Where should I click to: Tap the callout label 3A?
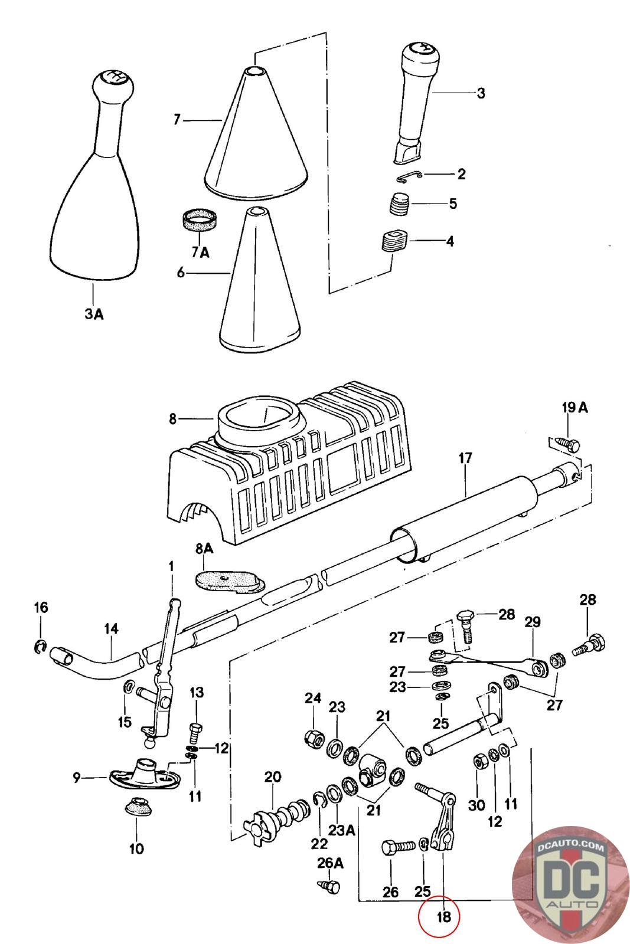click(94, 313)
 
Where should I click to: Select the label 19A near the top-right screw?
click(574, 408)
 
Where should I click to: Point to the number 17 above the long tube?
click(465, 458)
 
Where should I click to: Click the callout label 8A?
click(204, 548)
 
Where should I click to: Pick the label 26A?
click(330, 863)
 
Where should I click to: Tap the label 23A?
click(341, 830)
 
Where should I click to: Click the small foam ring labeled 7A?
click(198, 221)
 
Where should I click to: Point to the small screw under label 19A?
click(567, 445)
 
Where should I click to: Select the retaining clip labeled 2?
click(409, 177)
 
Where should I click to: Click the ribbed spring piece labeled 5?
click(399, 204)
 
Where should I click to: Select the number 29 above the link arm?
click(532, 622)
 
